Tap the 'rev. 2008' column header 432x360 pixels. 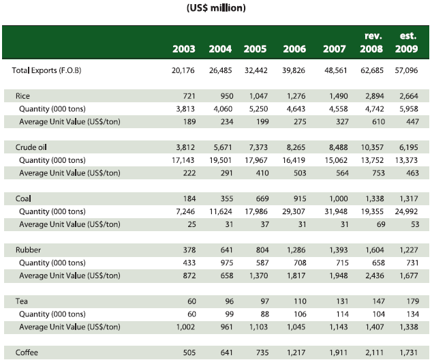point(371,42)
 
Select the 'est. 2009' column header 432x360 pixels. point(407,42)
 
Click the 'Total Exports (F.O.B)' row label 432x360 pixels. point(47,70)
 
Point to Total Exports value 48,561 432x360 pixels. point(331,70)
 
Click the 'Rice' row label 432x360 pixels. point(23,95)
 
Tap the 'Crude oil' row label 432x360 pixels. point(31,147)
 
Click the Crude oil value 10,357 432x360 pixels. point(371,147)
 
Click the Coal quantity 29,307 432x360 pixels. point(295,211)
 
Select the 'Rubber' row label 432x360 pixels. point(28,250)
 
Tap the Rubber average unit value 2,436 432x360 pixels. point(373,275)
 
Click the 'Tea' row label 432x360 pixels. point(22,301)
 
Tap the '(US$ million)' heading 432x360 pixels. point(216,8)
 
